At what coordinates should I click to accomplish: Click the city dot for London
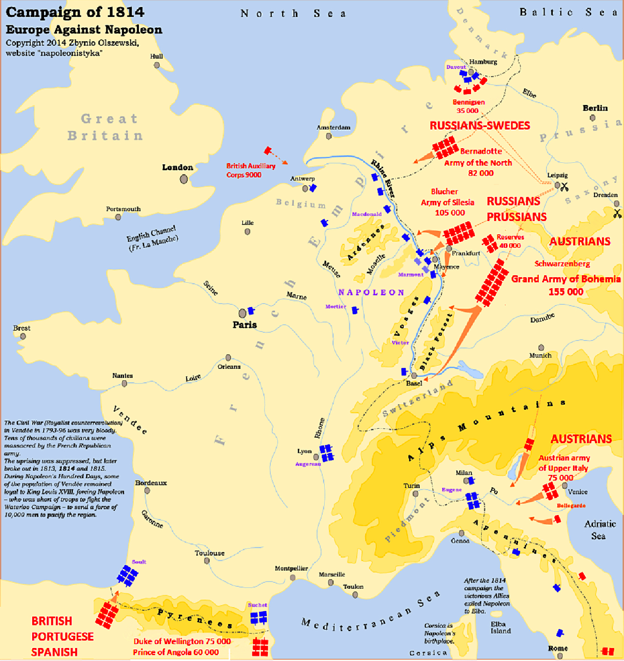click(184, 179)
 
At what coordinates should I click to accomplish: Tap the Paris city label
click(244, 325)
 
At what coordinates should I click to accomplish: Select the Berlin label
click(595, 108)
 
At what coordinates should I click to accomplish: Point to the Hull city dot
click(157, 65)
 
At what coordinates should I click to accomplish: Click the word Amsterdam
click(333, 127)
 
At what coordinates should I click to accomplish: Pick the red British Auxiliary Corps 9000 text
click(251, 170)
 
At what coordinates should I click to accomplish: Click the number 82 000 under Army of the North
click(480, 173)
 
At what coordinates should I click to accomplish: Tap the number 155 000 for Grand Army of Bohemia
click(566, 292)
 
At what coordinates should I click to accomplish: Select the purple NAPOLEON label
click(371, 293)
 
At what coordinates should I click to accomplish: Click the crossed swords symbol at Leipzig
click(565, 186)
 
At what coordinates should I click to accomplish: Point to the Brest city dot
click(23, 337)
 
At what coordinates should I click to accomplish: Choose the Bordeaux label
click(151, 483)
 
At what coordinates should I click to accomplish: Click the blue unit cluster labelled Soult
click(127, 576)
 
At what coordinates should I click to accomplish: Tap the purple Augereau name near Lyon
click(308, 464)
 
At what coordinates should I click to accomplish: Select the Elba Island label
click(500, 628)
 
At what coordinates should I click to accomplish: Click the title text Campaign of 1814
click(75, 12)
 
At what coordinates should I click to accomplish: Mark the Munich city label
click(540, 355)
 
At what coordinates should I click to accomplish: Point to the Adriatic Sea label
click(599, 530)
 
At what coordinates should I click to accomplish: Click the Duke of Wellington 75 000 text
click(182, 641)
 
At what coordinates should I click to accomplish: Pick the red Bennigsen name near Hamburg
click(469, 102)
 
